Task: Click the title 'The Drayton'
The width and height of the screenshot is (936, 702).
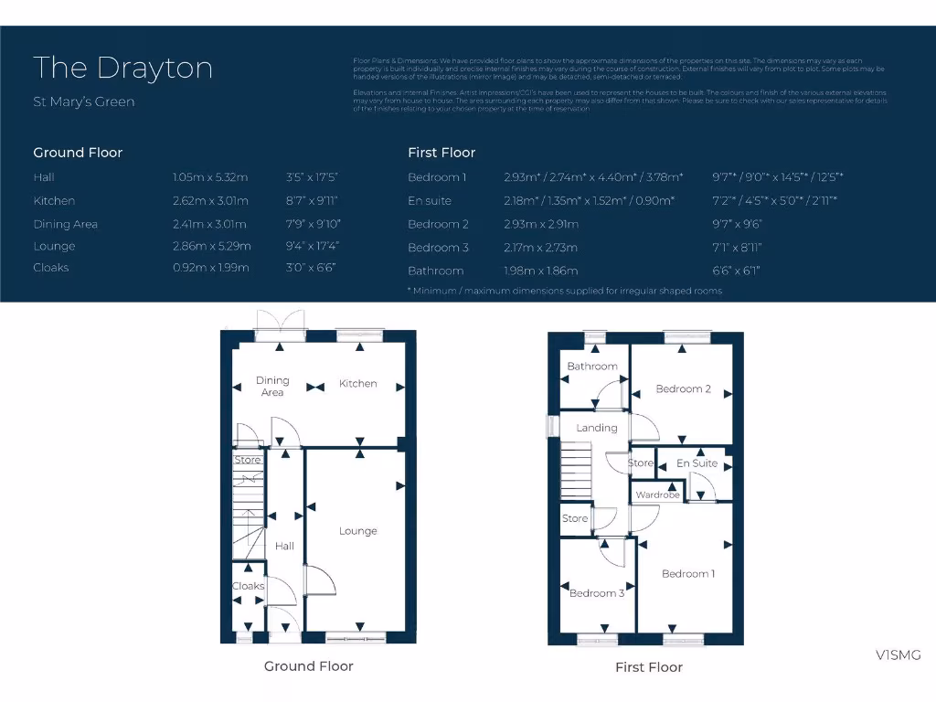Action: [x=122, y=69]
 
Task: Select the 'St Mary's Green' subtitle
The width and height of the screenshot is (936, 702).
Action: [x=83, y=101]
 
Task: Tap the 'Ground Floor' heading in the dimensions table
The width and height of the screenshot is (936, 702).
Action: [x=78, y=153]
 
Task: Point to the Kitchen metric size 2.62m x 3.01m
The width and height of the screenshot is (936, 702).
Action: [x=210, y=200]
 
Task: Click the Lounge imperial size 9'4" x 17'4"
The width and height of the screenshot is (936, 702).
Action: [x=312, y=246]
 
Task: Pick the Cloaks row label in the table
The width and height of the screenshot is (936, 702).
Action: [x=51, y=268]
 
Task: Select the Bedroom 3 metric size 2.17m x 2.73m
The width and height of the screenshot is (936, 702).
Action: [x=540, y=248]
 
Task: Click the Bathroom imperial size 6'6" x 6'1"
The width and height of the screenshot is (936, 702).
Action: [x=736, y=271]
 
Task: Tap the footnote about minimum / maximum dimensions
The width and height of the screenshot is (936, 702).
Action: [x=564, y=291]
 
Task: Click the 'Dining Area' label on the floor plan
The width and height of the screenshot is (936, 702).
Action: [x=272, y=386]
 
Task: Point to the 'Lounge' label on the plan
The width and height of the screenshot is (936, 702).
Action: [x=357, y=531]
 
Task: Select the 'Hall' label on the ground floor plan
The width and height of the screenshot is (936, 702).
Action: [x=284, y=546]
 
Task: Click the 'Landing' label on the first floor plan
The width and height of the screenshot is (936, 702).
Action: [x=596, y=428]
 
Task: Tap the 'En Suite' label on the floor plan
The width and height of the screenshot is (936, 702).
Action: [x=697, y=463]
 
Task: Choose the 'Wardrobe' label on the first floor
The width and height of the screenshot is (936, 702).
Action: [x=658, y=495]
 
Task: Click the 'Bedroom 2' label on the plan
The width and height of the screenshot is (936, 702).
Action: [x=683, y=388]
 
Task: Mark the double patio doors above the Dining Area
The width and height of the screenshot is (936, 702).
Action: [x=281, y=324]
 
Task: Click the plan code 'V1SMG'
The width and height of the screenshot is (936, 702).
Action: [x=898, y=654]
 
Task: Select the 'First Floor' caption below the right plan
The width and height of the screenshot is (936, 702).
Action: [x=649, y=667]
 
